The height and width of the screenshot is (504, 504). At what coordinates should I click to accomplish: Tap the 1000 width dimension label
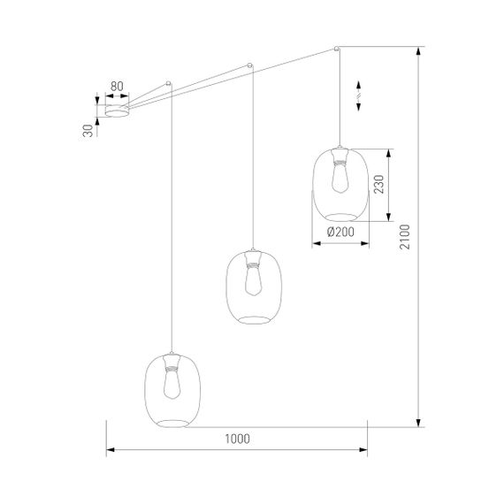coord(237,438)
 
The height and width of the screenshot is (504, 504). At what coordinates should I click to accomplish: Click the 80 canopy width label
coord(116,87)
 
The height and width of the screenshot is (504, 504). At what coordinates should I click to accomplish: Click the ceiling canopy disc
coord(117,111)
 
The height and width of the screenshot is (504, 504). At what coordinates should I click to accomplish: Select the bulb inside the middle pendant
coord(252,280)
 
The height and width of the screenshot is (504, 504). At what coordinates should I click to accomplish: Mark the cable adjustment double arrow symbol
coord(359,95)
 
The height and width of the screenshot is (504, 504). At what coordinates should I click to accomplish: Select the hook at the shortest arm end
coord(168,85)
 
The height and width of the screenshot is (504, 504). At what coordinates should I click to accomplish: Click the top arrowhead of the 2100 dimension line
coord(417,51)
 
